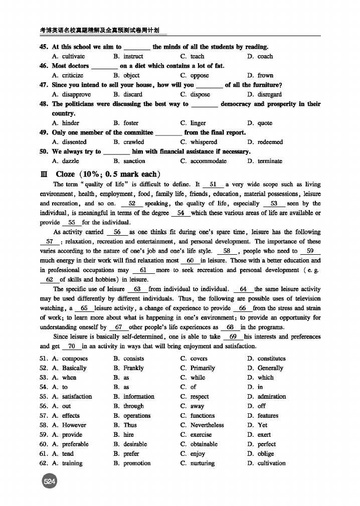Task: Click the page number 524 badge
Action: click(49, 482)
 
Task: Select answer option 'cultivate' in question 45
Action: click(73, 57)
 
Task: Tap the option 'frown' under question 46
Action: click(265, 76)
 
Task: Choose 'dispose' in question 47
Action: click(200, 94)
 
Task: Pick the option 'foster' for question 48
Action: click(131, 123)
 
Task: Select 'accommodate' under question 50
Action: click(208, 161)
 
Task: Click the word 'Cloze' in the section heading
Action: click(65, 174)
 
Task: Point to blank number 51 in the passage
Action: click(213, 185)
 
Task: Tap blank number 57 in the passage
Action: click(49, 242)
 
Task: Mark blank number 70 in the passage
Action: click(71, 347)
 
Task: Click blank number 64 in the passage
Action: click(244, 289)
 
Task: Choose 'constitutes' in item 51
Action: click(271, 359)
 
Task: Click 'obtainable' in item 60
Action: click(204, 444)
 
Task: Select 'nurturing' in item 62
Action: click(202, 463)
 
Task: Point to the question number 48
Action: click(43, 104)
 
